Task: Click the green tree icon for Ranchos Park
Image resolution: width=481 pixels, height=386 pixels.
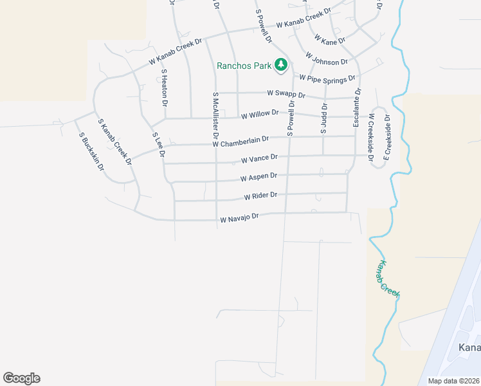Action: [x=280, y=64]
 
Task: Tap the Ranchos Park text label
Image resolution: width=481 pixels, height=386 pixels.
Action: [x=244, y=65]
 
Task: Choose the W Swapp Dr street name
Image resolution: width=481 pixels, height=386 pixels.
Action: [x=286, y=93]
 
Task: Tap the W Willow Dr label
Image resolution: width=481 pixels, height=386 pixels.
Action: [x=260, y=115]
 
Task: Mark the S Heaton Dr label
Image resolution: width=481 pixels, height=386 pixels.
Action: [x=165, y=87]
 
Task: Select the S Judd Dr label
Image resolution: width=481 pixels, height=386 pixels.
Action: [x=324, y=118]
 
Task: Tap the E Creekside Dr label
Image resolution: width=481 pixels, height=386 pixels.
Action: [x=387, y=136]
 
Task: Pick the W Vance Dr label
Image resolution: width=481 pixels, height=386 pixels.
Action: [x=259, y=158]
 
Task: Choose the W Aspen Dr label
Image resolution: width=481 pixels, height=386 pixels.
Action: [x=259, y=176]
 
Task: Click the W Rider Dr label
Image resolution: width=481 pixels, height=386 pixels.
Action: [x=260, y=195]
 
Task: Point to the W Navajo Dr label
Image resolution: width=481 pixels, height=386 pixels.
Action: [x=239, y=219]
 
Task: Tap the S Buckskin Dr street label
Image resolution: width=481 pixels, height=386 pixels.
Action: [x=91, y=151]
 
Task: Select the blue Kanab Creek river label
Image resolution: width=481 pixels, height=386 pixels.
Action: [x=389, y=279]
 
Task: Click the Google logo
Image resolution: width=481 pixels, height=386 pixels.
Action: [x=21, y=378]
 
